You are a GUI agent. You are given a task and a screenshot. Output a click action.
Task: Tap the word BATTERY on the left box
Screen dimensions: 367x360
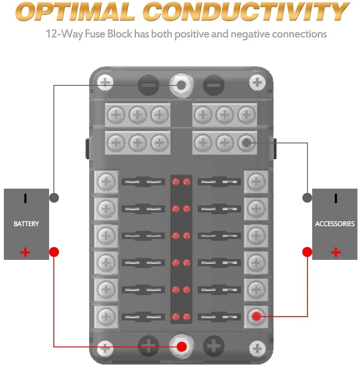[26, 224]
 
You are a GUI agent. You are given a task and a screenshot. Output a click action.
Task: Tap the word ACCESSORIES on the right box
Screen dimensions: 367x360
[335, 224]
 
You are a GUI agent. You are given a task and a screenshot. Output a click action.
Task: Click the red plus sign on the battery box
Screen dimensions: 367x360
[26, 252]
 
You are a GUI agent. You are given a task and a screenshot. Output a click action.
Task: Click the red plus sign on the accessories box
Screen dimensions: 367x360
[336, 252]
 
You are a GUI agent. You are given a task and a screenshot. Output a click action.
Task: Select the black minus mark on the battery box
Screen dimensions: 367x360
[26, 198]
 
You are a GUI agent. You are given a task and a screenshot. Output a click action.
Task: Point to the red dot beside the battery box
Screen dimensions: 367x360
[53, 252]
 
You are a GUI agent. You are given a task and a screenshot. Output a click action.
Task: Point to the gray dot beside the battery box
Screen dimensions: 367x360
[53, 198]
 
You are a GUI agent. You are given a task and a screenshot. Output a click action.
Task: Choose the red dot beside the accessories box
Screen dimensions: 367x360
[307, 252]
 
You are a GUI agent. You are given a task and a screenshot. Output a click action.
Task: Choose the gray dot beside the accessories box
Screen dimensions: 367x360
[307, 198]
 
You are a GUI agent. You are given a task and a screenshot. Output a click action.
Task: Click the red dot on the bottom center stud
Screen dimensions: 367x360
[181, 346]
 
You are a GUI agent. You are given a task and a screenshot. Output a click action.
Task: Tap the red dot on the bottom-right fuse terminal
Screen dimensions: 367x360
[256, 316]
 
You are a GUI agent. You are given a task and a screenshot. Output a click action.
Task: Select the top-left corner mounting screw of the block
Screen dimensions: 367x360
[105, 82]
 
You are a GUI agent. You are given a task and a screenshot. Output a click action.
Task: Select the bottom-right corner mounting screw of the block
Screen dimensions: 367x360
[257, 348]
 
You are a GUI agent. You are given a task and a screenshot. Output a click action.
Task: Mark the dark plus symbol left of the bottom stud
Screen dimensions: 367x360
[148, 346]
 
